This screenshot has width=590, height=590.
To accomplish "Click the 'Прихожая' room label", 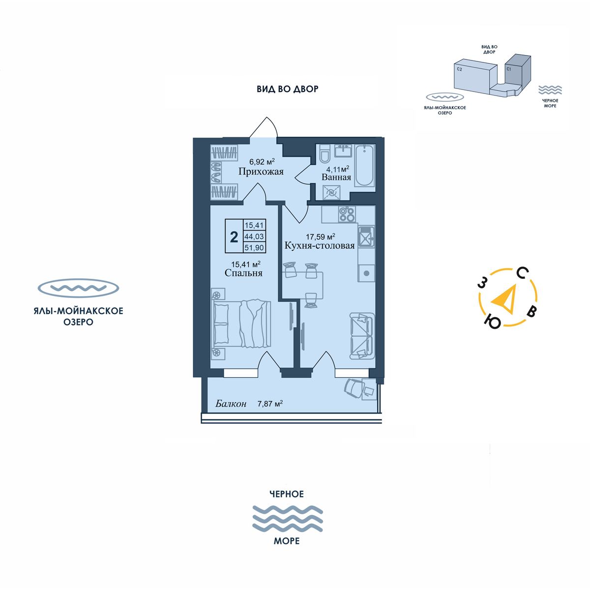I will pyautogui.click(x=261, y=172).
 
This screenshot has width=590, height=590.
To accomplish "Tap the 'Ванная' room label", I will pyautogui.click(x=336, y=177).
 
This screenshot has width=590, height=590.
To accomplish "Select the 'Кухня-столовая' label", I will pyautogui.click(x=319, y=245).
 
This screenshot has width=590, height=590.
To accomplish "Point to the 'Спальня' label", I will pyautogui.click(x=243, y=273).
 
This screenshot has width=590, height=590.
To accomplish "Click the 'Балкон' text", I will pyautogui.click(x=231, y=404).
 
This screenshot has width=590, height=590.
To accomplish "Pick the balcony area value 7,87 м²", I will pyautogui.click(x=270, y=404).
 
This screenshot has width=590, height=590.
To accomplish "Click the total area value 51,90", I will pyautogui.click(x=254, y=247).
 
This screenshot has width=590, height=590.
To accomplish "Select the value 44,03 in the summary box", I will pyautogui.click(x=254, y=236).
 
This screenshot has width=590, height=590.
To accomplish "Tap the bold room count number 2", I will pyautogui.click(x=234, y=236).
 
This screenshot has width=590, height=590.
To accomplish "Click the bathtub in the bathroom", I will pyautogui.click(x=365, y=165).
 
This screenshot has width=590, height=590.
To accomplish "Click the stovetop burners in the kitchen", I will pyautogui.click(x=347, y=214).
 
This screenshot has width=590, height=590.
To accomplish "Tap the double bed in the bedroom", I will pyautogui.click(x=242, y=323).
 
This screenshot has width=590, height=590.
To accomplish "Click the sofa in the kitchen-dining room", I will pyautogui.click(x=361, y=336).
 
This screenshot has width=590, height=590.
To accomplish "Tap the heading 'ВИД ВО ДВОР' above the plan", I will pyautogui.click(x=288, y=89).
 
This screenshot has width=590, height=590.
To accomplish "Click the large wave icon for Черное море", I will pyautogui.click(x=287, y=518).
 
